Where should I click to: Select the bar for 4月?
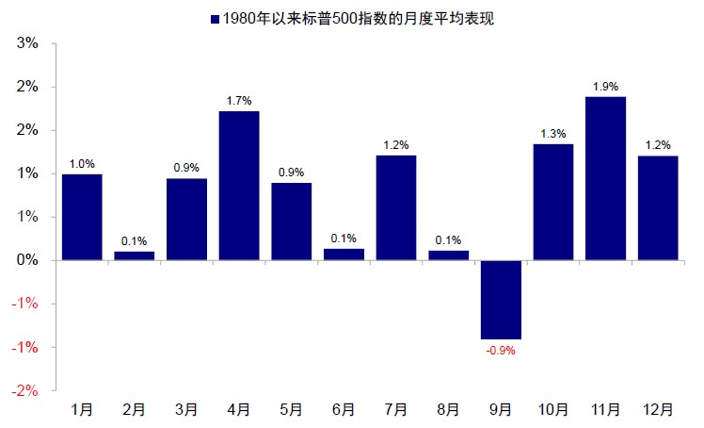(x=239, y=185)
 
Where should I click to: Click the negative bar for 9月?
(x=501, y=299)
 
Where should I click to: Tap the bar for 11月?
(x=605, y=177)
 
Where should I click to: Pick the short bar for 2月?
(x=135, y=255)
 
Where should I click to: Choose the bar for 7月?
(x=396, y=207)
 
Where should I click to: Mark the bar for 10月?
(x=553, y=202)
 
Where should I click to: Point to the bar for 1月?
(x=82, y=217)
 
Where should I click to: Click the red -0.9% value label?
(x=501, y=351)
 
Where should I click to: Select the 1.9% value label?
(x=605, y=87)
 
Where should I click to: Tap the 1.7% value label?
(x=239, y=101)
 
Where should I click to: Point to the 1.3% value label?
(x=553, y=134)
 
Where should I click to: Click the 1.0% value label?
(x=82, y=164)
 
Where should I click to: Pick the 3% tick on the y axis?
(x=27, y=43)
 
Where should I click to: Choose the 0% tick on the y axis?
(x=27, y=260)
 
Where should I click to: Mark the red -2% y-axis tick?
(x=25, y=390)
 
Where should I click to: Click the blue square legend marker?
(x=216, y=18)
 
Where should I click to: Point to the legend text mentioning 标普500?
(x=359, y=18)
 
